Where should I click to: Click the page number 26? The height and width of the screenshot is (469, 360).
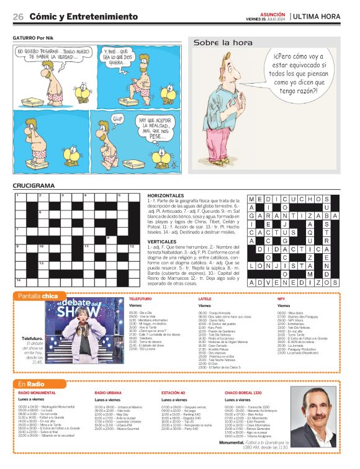pyautogui.click(x=18, y=17)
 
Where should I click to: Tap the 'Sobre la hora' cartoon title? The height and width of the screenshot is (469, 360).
pyautogui.click(x=223, y=43)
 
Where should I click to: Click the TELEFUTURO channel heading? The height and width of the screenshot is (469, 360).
pyautogui.click(x=140, y=298)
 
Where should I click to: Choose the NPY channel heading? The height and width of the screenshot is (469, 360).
pyautogui.click(x=281, y=298)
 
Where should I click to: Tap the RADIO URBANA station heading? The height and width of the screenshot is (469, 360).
pyautogui.click(x=108, y=393)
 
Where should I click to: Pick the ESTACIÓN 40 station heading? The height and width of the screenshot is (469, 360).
pyautogui.click(x=173, y=393)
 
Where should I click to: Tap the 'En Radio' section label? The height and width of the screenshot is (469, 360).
pyautogui.click(x=30, y=384)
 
